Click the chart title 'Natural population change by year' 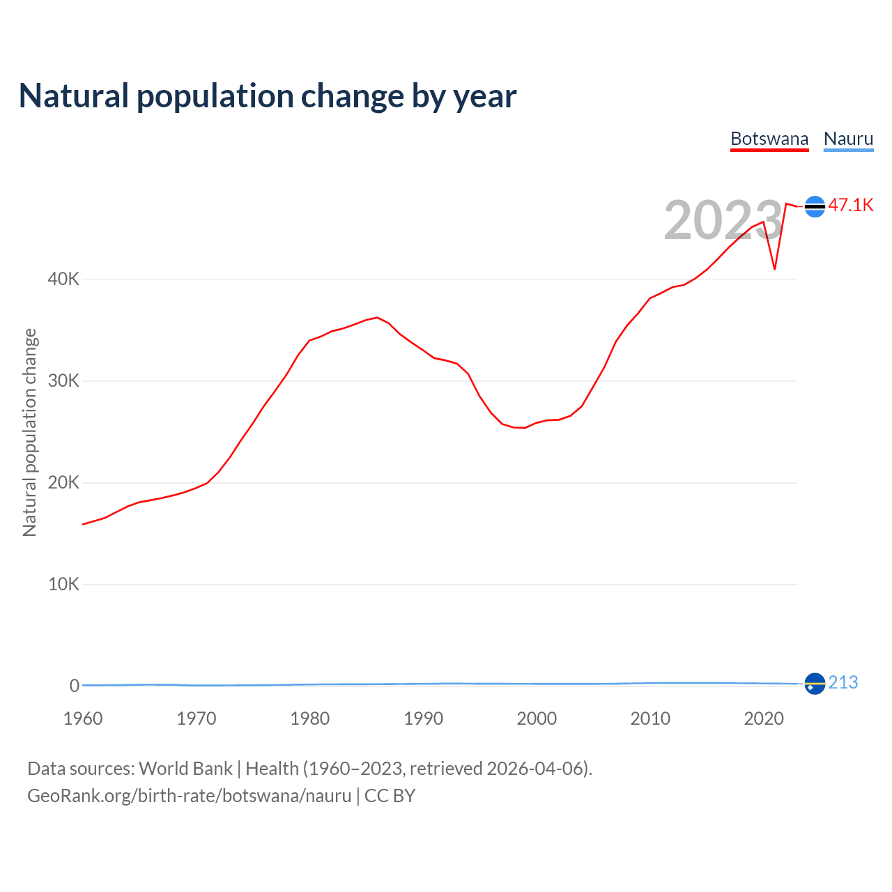click(268, 96)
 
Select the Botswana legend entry click(769, 139)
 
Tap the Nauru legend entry click(848, 139)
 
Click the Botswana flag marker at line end click(815, 206)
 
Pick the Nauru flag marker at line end click(815, 684)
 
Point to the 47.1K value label click(851, 205)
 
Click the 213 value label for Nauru click(843, 683)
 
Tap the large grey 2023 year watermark click(723, 220)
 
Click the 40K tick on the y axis click(63, 279)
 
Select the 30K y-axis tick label click(63, 381)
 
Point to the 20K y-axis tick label click(63, 483)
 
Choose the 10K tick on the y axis click(63, 585)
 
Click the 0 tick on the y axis click(75, 686)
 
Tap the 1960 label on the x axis click(83, 718)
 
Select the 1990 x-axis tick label click(424, 718)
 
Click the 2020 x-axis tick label click(764, 718)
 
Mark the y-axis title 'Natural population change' click(30, 433)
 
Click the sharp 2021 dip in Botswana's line click(775, 269)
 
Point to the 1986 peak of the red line click(377, 318)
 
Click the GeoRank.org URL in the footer click(189, 796)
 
